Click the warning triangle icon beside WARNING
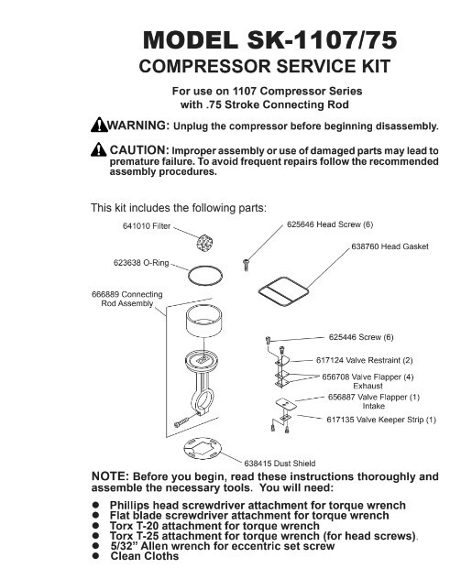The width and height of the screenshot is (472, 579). (x=99, y=125)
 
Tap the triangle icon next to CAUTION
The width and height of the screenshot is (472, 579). (x=98, y=149)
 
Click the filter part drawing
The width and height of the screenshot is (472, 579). (x=203, y=243)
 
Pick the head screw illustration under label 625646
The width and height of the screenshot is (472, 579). (x=246, y=265)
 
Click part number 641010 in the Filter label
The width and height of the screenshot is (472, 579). (x=136, y=226)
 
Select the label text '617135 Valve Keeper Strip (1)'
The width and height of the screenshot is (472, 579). (x=381, y=420)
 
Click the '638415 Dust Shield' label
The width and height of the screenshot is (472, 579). (x=280, y=464)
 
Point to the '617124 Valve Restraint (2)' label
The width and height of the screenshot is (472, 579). (x=364, y=360)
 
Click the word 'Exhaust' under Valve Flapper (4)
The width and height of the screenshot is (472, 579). (x=368, y=386)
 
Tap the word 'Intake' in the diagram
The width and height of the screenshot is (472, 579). (x=373, y=406)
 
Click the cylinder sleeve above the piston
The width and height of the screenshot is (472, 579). (x=203, y=322)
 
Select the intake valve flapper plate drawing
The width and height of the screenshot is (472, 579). (x=286, y=404)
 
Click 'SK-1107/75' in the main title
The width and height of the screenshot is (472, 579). (x=322, y=40)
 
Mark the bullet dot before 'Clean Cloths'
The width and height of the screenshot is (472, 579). (x=96, y=556)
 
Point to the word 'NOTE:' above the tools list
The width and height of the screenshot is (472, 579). (x=110, y=476)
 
